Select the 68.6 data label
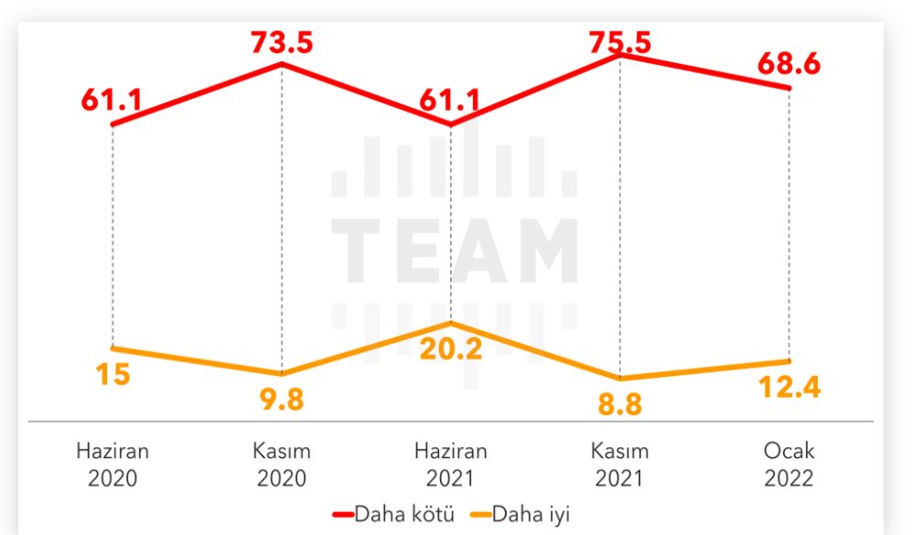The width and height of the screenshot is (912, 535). [789, 66]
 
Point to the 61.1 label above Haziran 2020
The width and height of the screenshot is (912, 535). [111, 102]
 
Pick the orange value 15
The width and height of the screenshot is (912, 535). [113, 376]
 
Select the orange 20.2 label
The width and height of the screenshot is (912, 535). [451, 348]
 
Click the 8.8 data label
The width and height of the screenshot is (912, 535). [620, 404]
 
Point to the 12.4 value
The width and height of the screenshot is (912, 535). [789, 387]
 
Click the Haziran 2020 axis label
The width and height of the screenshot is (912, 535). [113, 465]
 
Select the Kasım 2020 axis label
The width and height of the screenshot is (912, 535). [282, 465]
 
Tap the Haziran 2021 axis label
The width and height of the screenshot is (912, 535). [451, 465]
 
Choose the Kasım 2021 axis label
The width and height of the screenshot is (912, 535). [620, 465]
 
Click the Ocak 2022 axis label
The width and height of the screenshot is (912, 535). [789, 465]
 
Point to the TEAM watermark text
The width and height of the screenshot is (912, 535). [454, 250]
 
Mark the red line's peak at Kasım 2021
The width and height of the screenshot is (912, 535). [620, 55]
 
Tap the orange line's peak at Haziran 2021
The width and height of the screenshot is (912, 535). [451, 323]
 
